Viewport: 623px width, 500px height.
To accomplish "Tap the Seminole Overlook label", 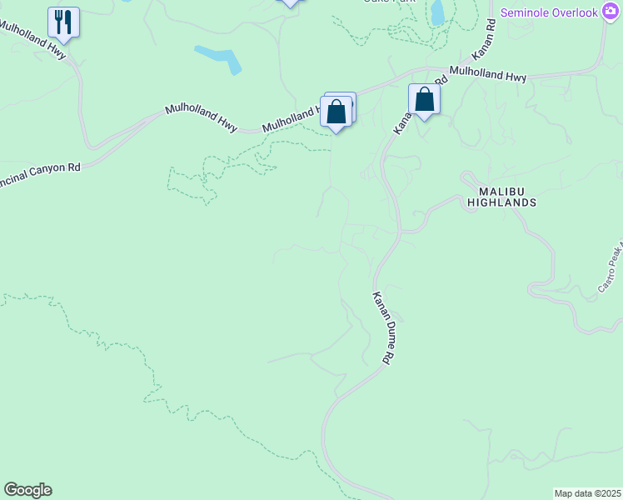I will click(x=550, y=13).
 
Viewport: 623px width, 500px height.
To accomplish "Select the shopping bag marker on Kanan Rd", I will click(x=424, y=100).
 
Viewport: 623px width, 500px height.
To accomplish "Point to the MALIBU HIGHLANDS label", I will click(x=501, y=197).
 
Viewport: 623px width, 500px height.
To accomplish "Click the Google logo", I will click(x=27, y=490).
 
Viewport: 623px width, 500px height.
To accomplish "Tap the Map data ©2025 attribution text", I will click(x=587, y=493).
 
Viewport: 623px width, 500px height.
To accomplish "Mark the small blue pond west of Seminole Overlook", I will click(x=437, y=12).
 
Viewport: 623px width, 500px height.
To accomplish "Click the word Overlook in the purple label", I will click(x=573, y=13).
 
